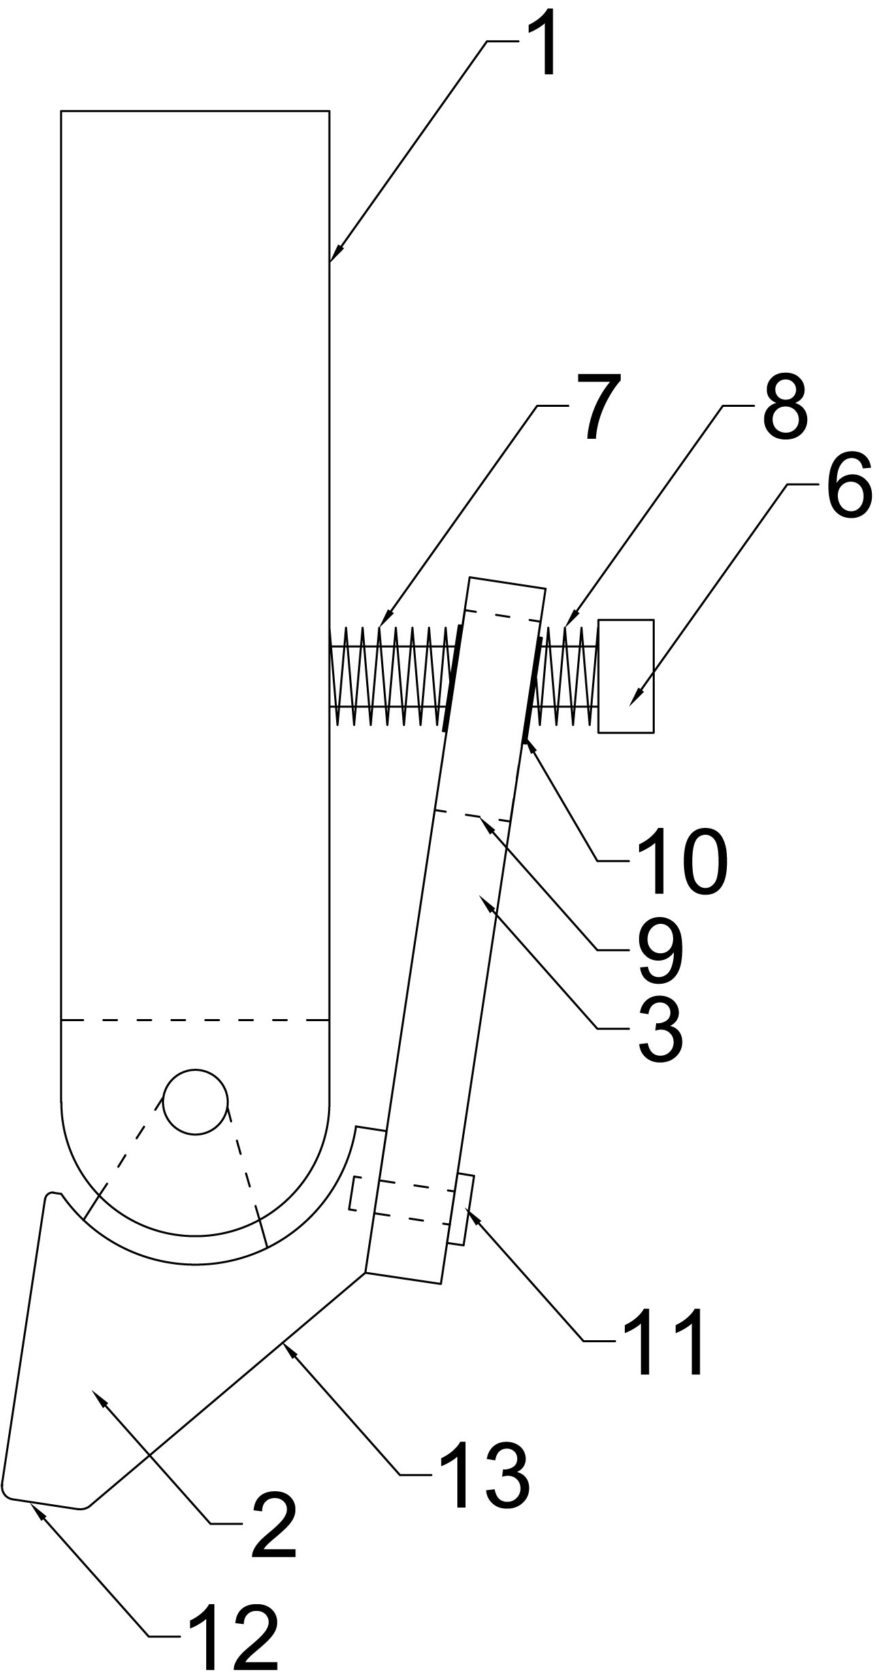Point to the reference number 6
(849, 486)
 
